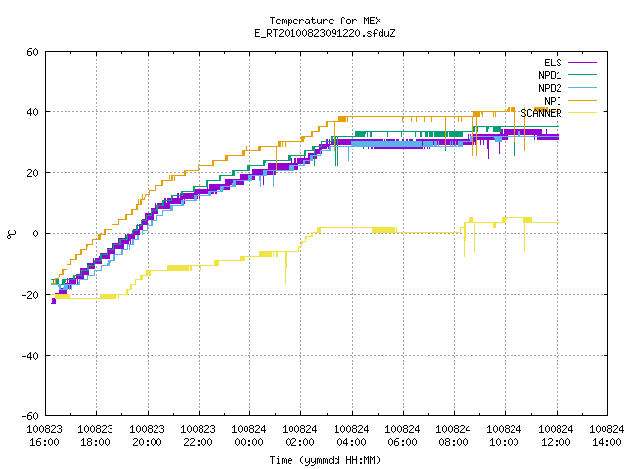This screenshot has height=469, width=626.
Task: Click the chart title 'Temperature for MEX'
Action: pyautogui.click(x=325, y=21)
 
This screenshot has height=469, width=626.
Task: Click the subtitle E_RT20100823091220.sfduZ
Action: pyautogui.click(x=325, y=33)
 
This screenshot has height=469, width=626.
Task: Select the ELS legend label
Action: pyautogui.click(x=553, y=63)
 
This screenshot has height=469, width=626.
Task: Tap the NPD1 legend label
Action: pyautogui.click(x=550, y=75)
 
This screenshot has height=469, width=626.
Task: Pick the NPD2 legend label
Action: pyautogui.click(x=550, y=88)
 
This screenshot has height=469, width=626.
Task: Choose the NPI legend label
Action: pyautogui.click(x=553, y=101)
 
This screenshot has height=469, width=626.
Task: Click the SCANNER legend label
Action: pyautogui.click(x=541, y=113)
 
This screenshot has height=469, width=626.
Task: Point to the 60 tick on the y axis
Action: pyautogui.click(x=32, y=52)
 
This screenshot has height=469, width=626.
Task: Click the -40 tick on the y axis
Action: pyautogui.click(x=30, y=356)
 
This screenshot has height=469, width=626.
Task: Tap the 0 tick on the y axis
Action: pyautogui.click(x=35, y=234)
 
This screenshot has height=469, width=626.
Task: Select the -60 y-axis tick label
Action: pyautogui.click(x=30, y=416)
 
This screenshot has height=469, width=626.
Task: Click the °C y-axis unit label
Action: pyautogui.click(x=11, y=234)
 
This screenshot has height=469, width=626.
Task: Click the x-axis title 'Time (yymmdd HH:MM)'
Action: pyautogui.click(x=325, y=460)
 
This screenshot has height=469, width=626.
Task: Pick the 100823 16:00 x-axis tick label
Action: pyautogui.click(x=44, y=436)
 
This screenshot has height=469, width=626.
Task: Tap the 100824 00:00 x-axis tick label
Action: pyautogui.click(x=248, y=436)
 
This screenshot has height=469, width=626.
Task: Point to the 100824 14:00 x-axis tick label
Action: pyautogui.click(x=606, y=436)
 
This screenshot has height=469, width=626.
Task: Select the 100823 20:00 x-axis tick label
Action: pyautogui.click(x=147, y=436)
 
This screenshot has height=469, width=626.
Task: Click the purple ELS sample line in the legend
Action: pyautogui.click(x=582, y=63)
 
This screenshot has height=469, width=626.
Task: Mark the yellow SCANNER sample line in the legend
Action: pyautogui.click(x=582, y=113)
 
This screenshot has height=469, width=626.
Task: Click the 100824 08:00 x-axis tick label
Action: pyautogui.click(x=453, y=436)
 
